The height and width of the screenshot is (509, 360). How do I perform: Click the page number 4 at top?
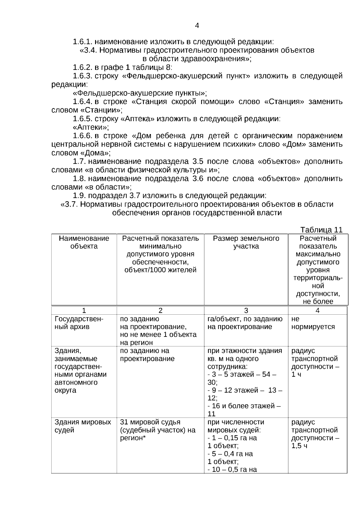(x=197, y=26)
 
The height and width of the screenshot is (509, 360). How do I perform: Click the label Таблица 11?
(x=321, y=230)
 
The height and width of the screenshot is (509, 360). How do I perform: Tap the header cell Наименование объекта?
(x=84, y=242)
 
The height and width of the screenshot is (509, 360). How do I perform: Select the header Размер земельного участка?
(x=246, y=242)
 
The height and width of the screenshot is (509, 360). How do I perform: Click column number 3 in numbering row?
(x=246, y=310)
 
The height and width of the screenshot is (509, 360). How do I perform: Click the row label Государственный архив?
(x=79, y=323)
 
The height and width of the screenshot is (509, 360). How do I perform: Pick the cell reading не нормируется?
(x=313, y=323)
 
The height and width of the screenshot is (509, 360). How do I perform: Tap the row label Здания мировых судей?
(x=82, y=426)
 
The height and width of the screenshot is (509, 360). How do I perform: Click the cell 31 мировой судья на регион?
(x=157, y=430)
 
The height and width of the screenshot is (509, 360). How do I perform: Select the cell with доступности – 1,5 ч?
(x=315, y=442)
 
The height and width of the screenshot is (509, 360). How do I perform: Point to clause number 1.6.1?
(x=83, y=42)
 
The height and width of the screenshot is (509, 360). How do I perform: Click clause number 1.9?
(x=79, y=196)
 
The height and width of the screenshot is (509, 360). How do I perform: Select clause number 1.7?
(x=79, y=162)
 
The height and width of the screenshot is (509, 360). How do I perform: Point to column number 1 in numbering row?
(x=84, y=310)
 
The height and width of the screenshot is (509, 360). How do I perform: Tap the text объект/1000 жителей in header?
(x=160, y=270)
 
